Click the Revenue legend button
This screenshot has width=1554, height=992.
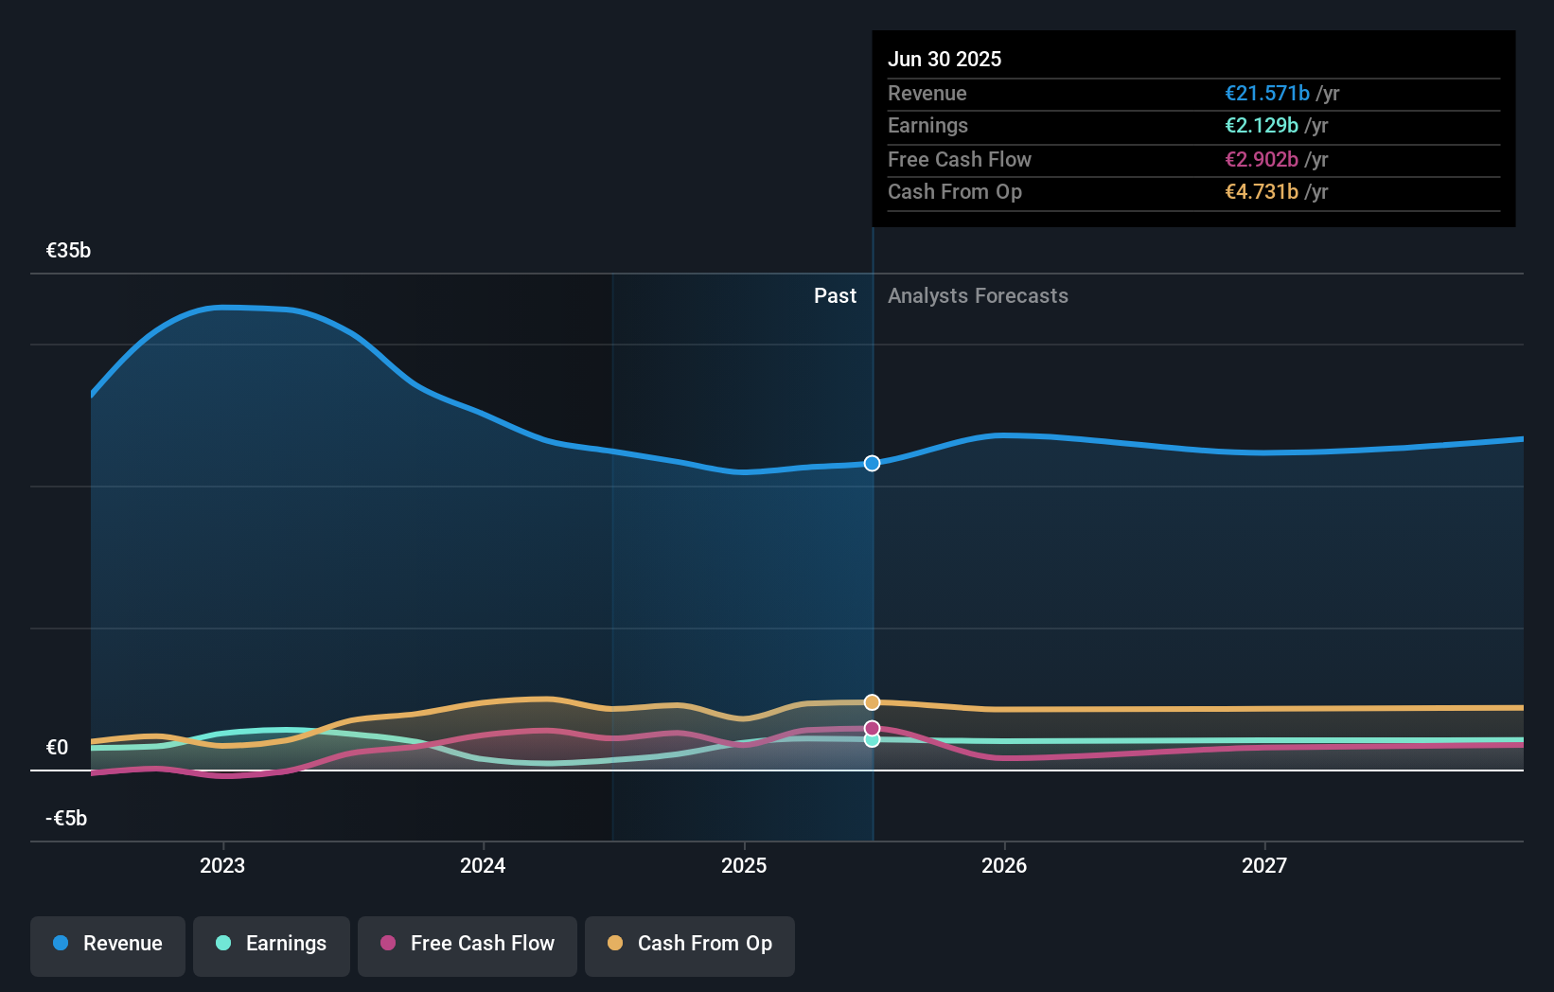(108, 944)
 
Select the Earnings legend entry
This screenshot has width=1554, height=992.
(272, 944)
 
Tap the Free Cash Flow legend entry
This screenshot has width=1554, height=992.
(468, 944)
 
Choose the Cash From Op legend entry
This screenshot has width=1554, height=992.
(690, 944)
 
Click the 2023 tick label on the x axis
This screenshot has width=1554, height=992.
(222, 865)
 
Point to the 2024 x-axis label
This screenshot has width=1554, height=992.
(483, 865)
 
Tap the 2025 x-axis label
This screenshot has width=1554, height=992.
(744, 865)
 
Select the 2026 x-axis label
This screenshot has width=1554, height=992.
(1004, 865)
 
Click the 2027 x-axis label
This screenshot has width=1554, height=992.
(1264, 865)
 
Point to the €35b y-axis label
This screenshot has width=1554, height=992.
(69, 250)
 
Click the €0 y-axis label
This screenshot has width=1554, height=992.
(58, 747)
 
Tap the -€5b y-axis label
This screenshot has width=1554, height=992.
(66, 818)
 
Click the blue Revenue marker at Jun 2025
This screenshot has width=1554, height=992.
(872, 463)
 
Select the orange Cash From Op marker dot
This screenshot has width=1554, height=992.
(872, 702)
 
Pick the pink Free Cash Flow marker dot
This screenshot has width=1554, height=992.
(872, 728)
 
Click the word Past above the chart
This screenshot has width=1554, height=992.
(835, 295)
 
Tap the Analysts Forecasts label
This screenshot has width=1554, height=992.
(978, 295)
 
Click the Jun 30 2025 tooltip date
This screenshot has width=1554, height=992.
(944, 59)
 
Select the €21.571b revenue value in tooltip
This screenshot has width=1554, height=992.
(1266, 93)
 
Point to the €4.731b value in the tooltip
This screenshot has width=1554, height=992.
(1261, 191)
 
